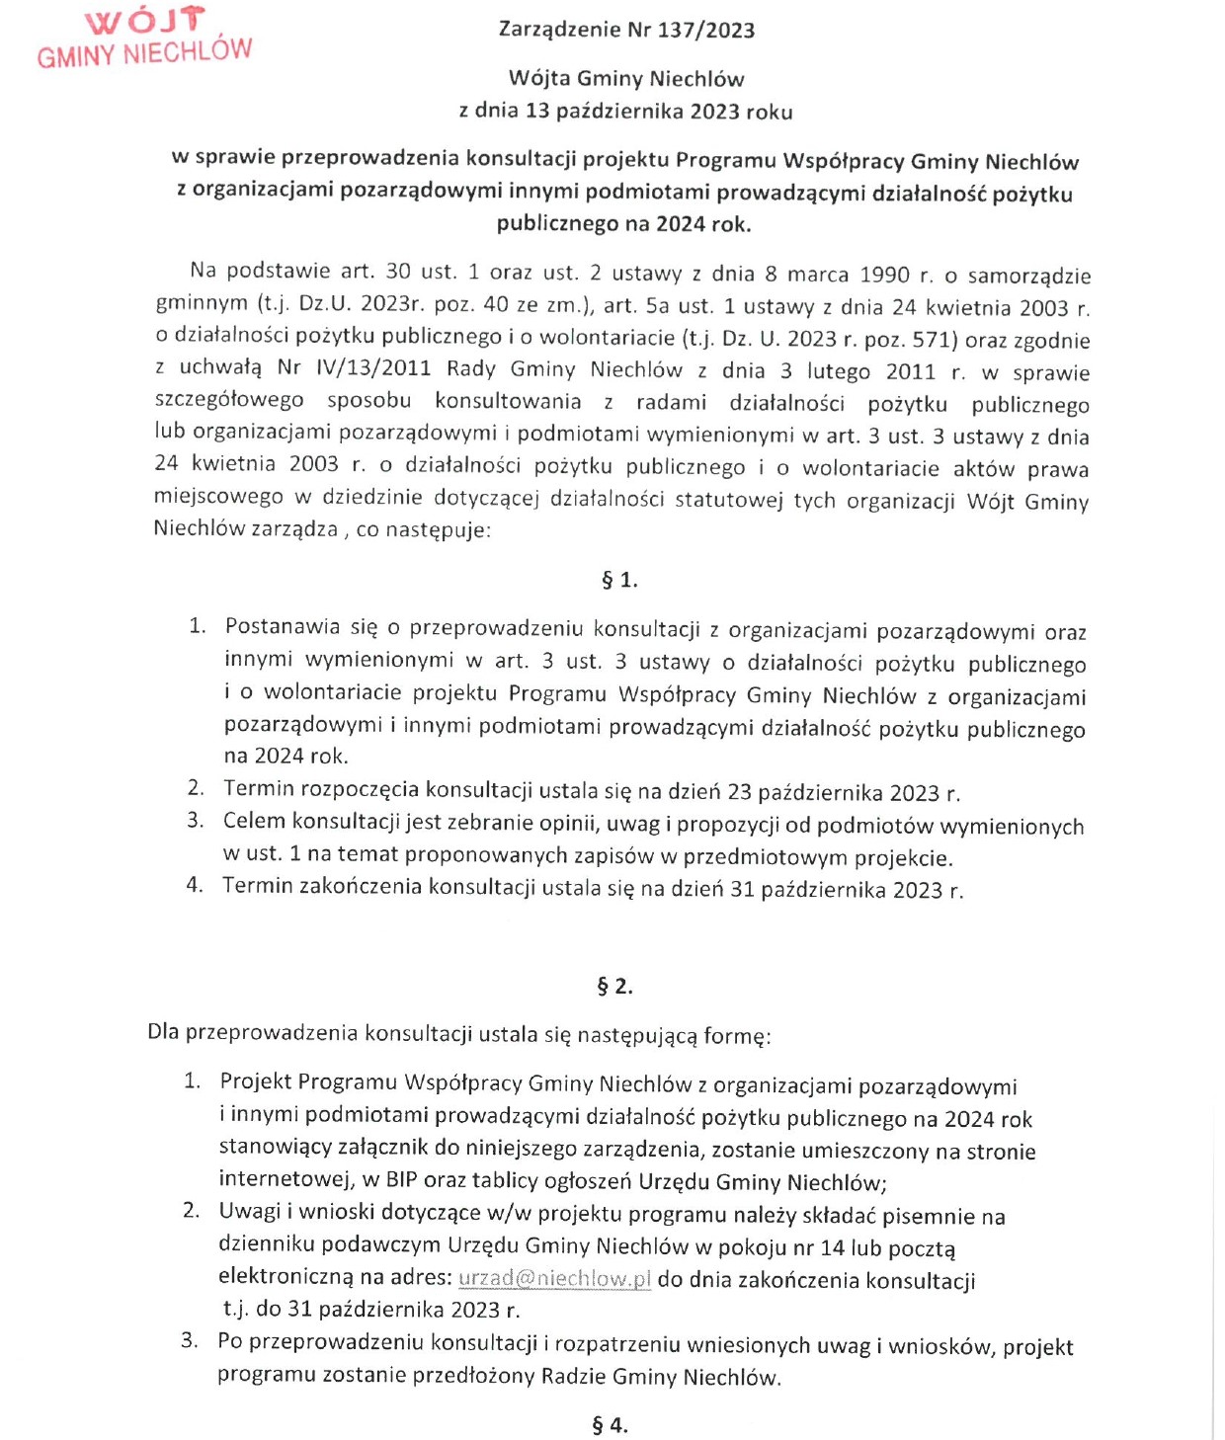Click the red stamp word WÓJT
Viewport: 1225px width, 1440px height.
point(146,21)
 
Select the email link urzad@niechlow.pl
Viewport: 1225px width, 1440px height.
point(554,1278)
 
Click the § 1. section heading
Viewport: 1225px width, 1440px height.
point(619,580)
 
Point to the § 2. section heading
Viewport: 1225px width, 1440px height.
point(614,986)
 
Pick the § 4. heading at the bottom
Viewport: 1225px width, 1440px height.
point(610,1424)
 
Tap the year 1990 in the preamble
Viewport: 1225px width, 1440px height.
point(884,274)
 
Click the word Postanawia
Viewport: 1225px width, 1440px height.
point(283,626)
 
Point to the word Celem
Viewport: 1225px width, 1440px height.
point(254,821)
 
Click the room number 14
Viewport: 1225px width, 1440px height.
point(832,1246)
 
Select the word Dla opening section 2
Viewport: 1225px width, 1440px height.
point(163,1032)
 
